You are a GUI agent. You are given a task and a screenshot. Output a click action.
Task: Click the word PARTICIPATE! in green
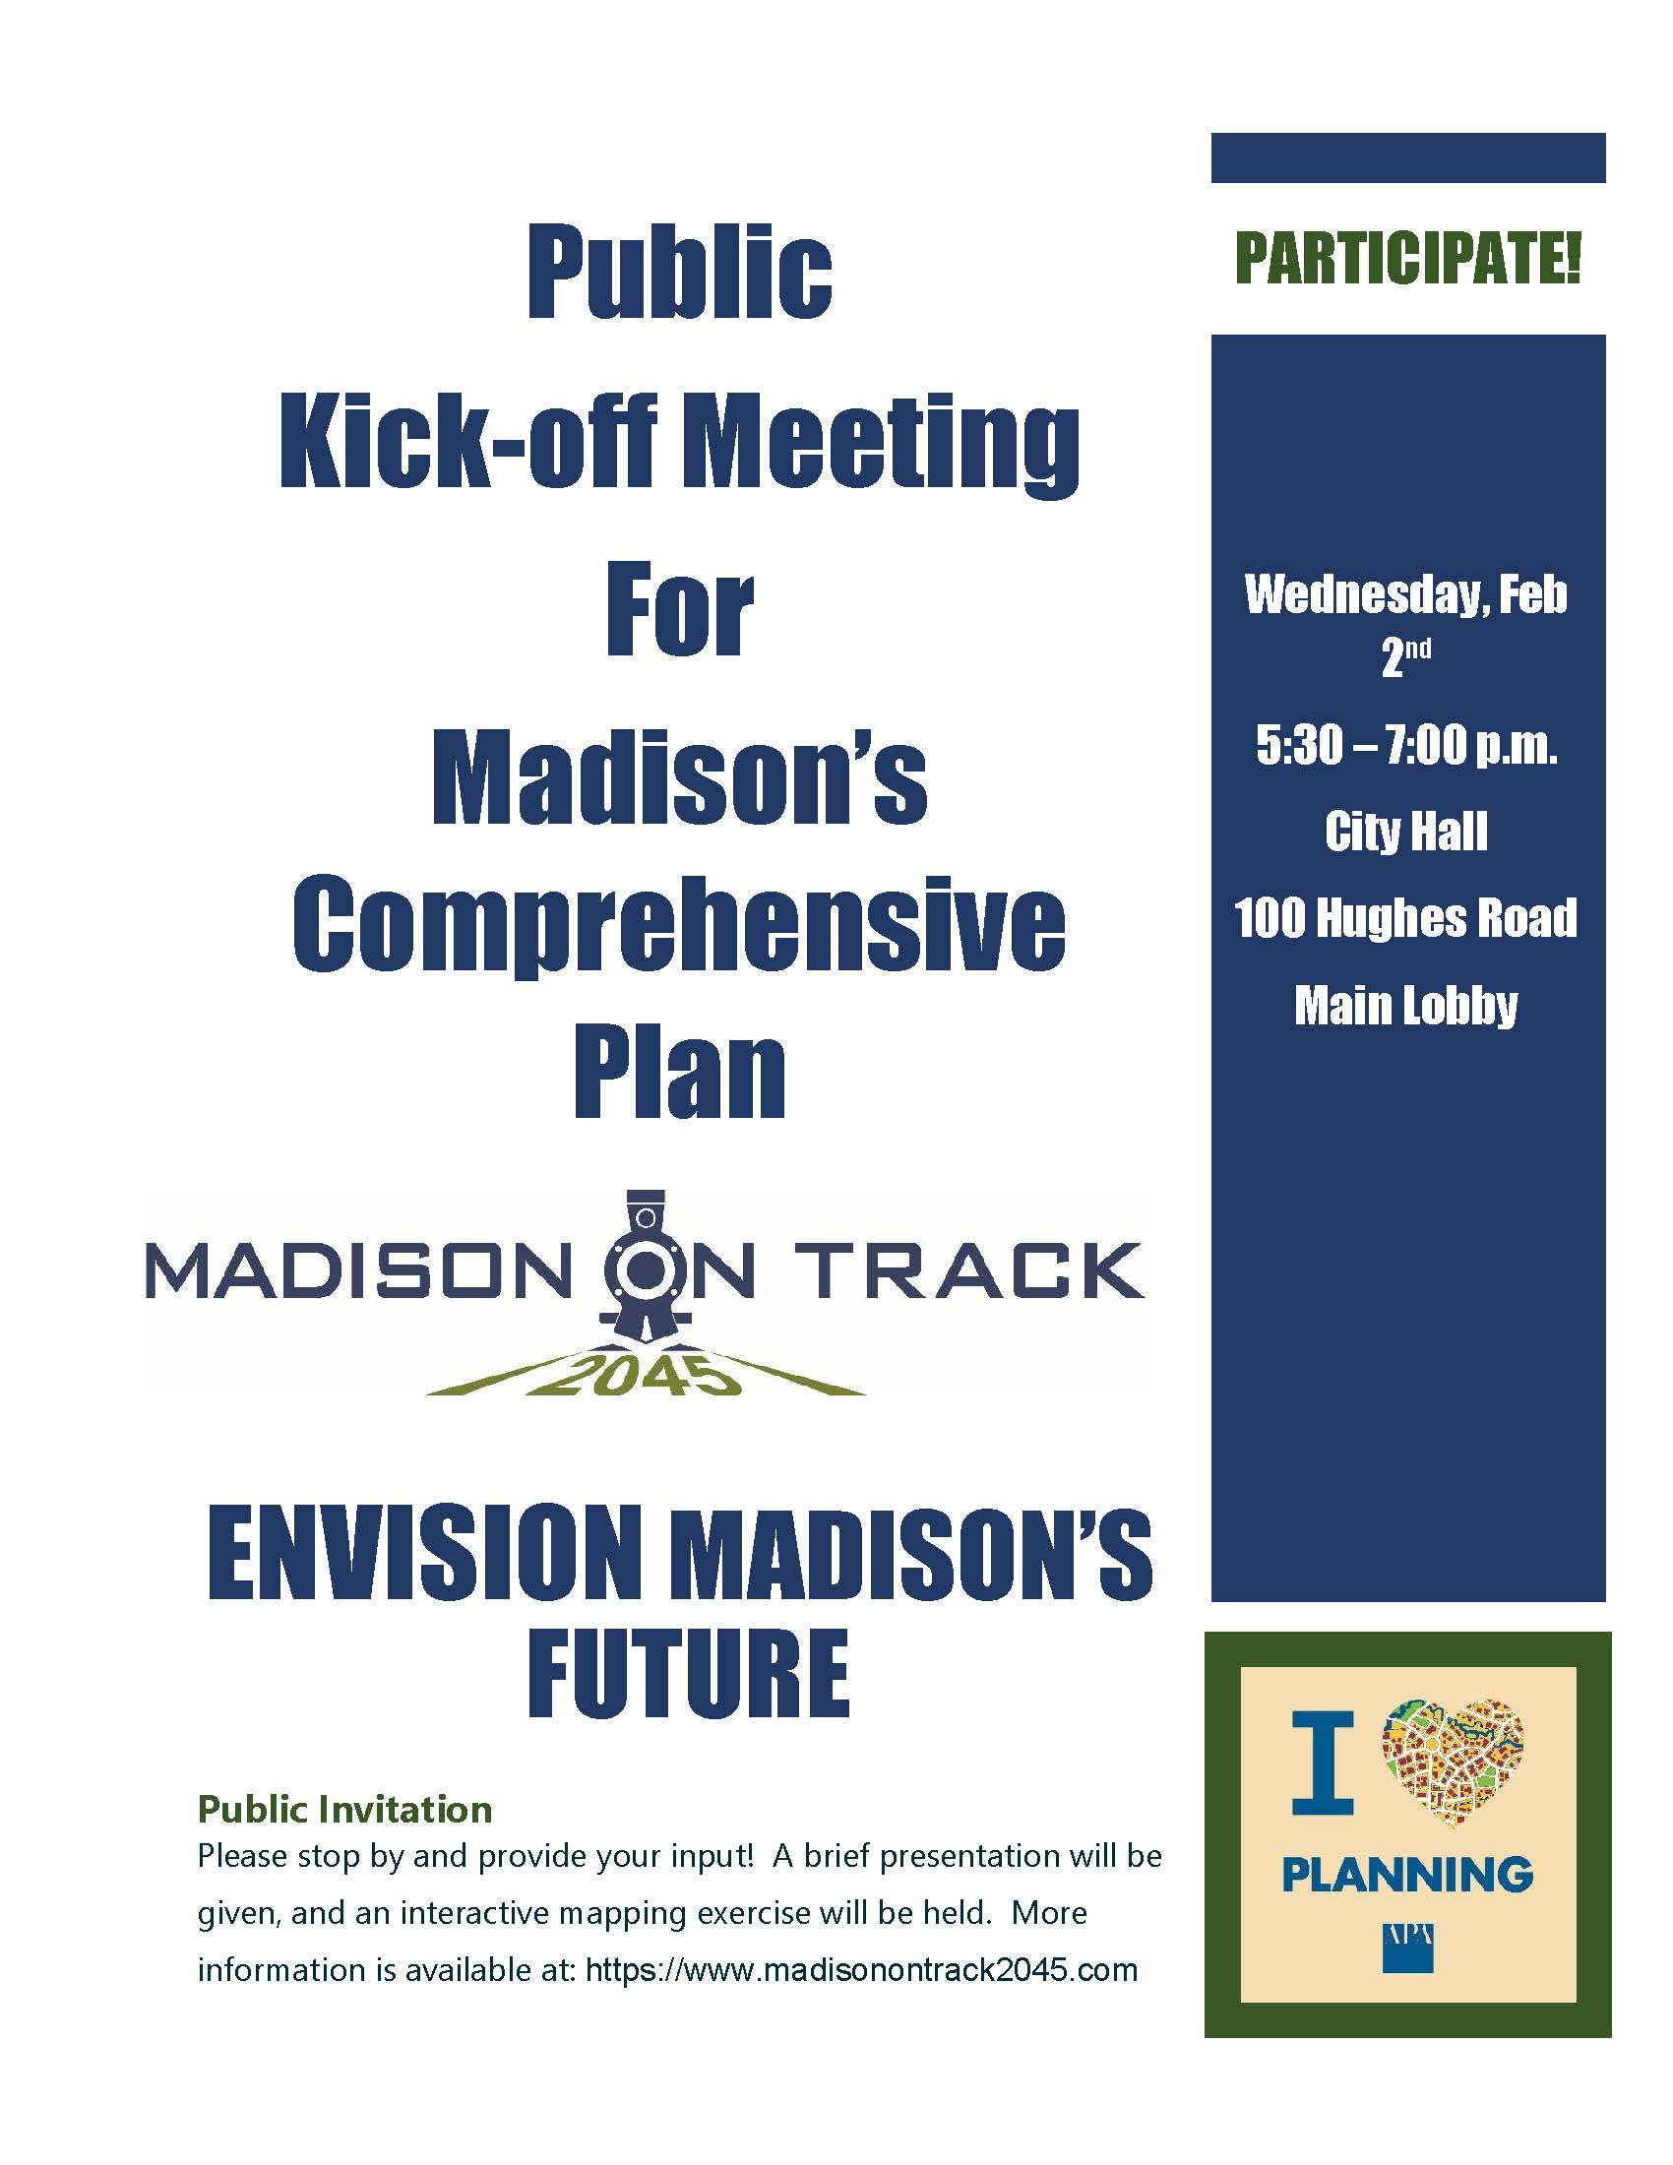tap(1407, 259)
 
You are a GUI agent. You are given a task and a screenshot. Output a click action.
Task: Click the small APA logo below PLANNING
tap(1406, 1947)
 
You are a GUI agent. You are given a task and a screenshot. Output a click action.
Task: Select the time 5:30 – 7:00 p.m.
tap(1406, 746)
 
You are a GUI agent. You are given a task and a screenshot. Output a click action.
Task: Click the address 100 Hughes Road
tap(1405, 918)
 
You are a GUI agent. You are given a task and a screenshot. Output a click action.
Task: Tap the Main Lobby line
tap(1406, 1005)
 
